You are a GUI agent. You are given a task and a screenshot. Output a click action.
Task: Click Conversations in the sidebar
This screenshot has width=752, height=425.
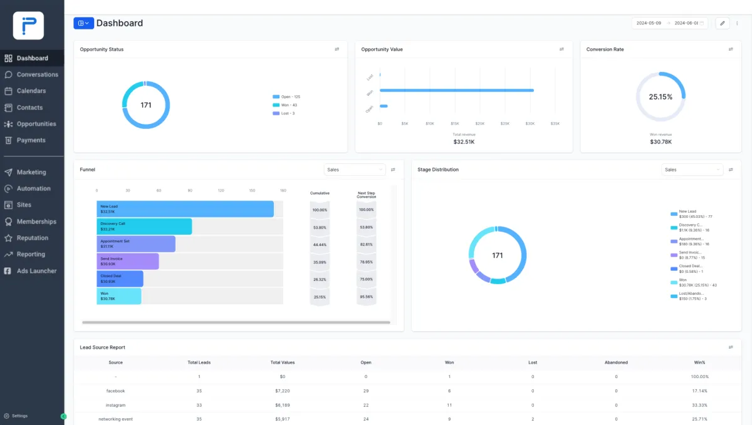click(x=37, y=74)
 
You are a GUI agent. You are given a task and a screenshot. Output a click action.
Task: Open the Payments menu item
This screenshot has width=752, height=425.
click(x=31, y=140)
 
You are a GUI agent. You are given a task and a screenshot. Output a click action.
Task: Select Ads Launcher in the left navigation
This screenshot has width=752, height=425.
click(x=36, y=271)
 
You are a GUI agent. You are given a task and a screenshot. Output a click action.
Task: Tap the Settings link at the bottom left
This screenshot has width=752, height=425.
click(x=19, y=416)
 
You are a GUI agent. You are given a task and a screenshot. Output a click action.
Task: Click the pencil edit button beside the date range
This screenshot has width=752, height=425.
click(x=722, y=23)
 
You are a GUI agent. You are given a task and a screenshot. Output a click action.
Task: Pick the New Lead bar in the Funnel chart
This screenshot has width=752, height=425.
click(x=185, y=209)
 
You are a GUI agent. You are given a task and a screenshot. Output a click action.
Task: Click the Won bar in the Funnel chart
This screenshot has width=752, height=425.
click(x=119, y=296)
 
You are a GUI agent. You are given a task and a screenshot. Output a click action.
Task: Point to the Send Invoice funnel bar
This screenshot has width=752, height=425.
click(x=128, y=261)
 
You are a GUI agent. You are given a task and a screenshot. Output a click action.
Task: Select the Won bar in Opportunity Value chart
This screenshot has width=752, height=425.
click(x=456, y=90)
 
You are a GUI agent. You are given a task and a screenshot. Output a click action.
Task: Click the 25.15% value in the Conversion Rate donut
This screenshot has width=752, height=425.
click(x=661, y=97)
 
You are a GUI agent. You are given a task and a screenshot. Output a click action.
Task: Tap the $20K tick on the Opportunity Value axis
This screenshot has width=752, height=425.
click(x=479, y=123)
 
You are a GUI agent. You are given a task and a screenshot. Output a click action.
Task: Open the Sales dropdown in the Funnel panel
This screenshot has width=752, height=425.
click(x=355, y=170)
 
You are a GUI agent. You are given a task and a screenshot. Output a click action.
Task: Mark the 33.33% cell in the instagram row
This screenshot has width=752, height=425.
click(x=699, y=405)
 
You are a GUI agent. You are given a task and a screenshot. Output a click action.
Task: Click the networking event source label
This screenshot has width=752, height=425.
click(x=115, y=419)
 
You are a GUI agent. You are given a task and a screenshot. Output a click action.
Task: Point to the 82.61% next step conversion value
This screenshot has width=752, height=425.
click(x=366, y=244)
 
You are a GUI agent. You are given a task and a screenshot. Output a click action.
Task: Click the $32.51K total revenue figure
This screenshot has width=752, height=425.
click(x=464, y=142)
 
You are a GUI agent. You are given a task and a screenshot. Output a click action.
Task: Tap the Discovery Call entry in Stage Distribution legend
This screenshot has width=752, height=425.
click(x=691, y=227)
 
